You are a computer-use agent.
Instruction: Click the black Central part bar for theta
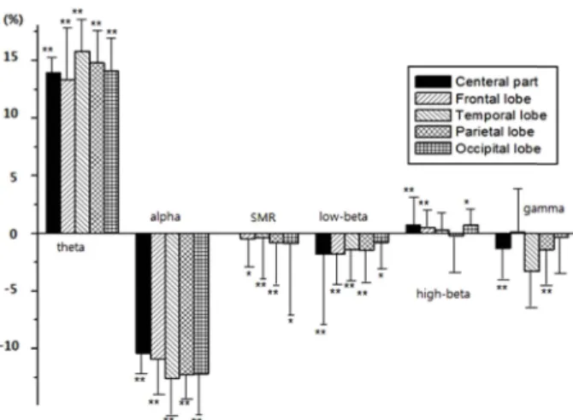coord(53,153)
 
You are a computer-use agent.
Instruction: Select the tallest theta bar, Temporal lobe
coord(82,142)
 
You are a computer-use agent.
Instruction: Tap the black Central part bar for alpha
coord(143,294)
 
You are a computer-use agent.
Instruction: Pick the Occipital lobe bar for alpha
coord(201,304)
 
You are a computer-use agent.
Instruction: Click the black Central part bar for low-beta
coord(323,244)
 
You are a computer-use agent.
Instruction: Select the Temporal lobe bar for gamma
coord(532,252)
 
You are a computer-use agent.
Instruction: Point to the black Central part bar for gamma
coord(503,241)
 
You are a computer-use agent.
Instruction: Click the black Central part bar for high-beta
coord(413,229)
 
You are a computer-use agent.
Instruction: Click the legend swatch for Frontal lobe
coord(433,98)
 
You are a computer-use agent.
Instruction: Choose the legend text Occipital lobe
coord(498,149)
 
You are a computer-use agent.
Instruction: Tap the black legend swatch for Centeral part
coord(433,82)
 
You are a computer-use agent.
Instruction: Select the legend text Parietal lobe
coord(495,131)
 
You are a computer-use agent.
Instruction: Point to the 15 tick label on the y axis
coord(10,57)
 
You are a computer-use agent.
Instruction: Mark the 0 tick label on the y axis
coord(13,234)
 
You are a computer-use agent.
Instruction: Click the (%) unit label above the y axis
coord(13,20)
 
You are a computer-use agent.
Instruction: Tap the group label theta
coord(70,248)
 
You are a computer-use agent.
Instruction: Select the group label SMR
coord(263,218)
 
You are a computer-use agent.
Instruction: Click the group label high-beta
coord(443,295)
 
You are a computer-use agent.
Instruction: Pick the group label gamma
coord(544,209)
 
